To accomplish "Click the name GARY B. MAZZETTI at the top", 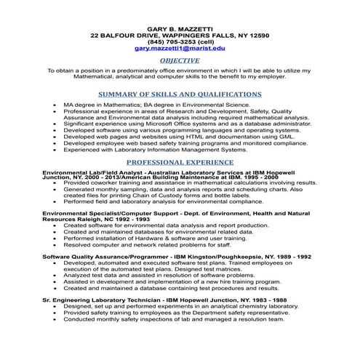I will point(179,26).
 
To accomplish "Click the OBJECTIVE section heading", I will point(179,61).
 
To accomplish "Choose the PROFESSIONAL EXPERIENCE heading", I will point(179,161).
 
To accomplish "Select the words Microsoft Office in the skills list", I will point(169,123).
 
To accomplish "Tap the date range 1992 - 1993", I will point(132,219).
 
